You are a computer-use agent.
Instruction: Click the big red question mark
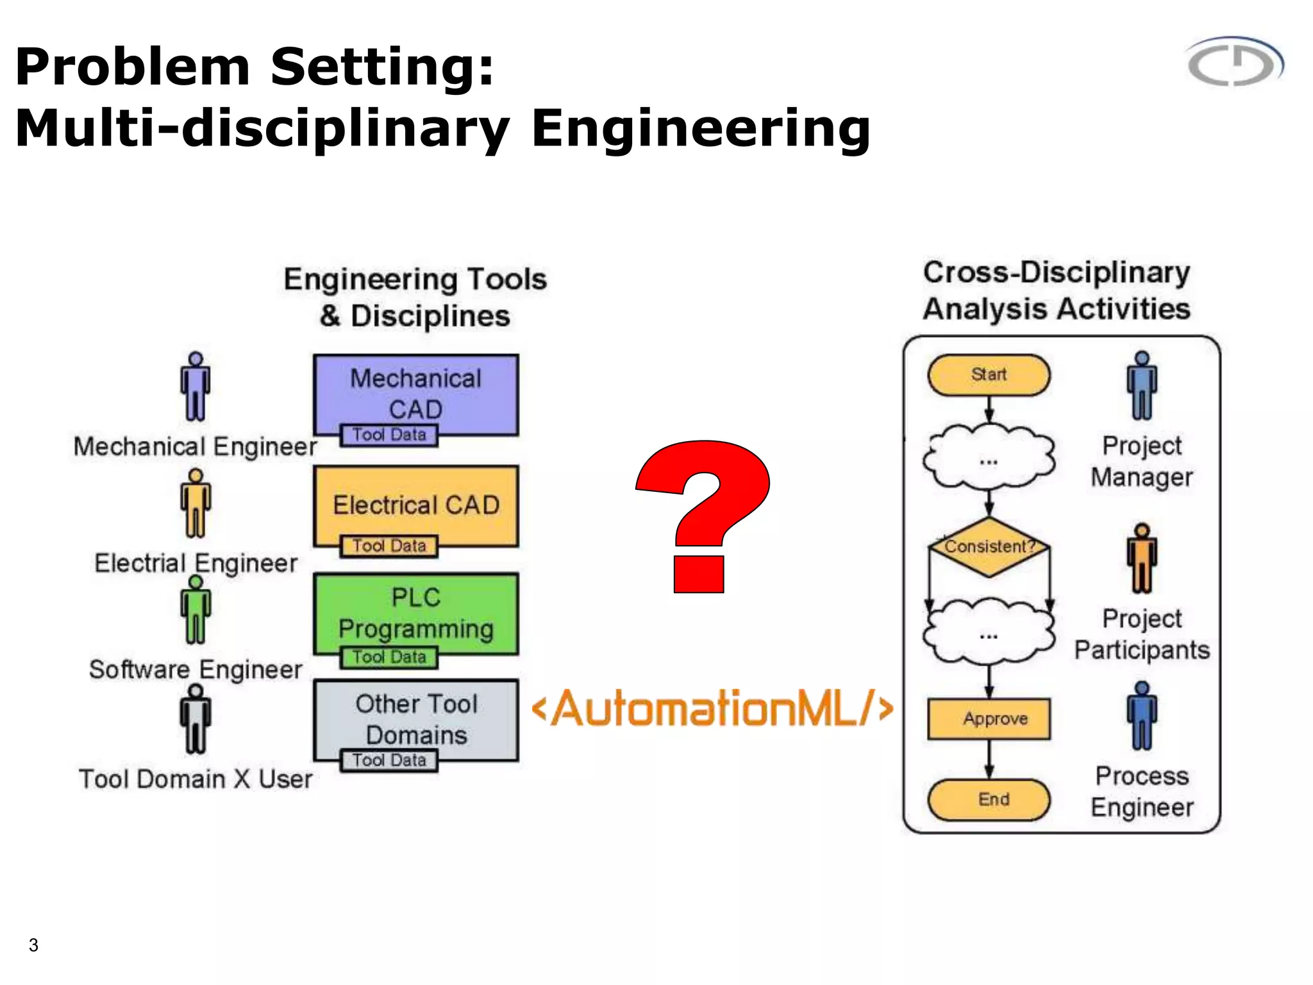click(702, 513)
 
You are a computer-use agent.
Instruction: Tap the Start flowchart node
click(989, 375)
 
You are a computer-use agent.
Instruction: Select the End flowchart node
click(989, 800)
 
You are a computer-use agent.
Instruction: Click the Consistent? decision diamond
click(989, 547)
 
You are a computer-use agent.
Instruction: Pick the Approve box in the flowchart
click(989, 719)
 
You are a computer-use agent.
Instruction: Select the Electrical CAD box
click(416, 504)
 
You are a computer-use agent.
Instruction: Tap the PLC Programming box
click(416, 612)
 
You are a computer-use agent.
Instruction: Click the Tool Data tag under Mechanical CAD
click(389, 435)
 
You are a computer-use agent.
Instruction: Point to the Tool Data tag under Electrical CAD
click(389, 546)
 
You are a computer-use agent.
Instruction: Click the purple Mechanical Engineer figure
click(196, 387)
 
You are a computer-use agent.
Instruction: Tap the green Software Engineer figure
click(196, 610)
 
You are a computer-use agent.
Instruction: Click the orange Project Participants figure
click(1142, 559)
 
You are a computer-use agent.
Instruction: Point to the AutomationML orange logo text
click(712, 709)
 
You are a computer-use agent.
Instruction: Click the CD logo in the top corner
click(1235, 62)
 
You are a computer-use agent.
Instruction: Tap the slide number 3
click(33, 945)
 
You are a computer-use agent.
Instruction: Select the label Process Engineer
click(1142, 792)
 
